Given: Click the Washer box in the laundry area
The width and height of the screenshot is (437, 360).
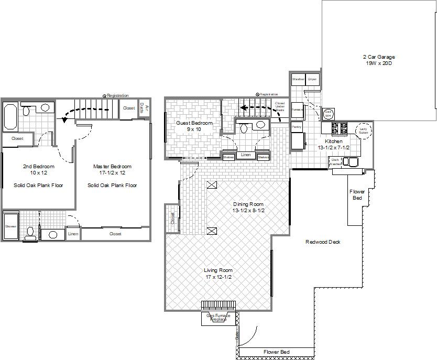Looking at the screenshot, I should coord(298,79).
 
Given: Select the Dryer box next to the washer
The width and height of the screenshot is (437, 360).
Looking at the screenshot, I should coord(312,79).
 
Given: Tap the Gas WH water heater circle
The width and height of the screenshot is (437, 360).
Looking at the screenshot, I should coord(329,114).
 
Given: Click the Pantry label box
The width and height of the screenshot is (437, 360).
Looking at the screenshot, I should coord(296,127).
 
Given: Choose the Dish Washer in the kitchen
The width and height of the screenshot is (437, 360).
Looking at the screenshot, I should coord(335,162).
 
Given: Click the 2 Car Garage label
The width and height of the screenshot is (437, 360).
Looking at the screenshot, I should coord(378,60).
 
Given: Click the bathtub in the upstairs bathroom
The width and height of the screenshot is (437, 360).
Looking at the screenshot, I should coord(10,116).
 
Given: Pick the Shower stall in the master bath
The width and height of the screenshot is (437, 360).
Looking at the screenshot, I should coord(10,226).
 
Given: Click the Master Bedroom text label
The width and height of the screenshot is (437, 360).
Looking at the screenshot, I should coord(112,166).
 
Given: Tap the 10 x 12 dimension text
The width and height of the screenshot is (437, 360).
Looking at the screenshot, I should coord(38,172).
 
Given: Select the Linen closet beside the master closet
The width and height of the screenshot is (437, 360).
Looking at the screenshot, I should coord(73,234).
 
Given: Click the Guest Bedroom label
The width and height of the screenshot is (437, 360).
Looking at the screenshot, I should coord(194,123).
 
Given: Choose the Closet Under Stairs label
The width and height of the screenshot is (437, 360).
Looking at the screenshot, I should coord(280,107).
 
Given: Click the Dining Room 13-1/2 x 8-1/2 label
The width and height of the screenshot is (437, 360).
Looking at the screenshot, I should coord(248,207).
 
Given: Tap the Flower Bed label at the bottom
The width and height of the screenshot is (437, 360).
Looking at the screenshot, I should coord(276,352).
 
